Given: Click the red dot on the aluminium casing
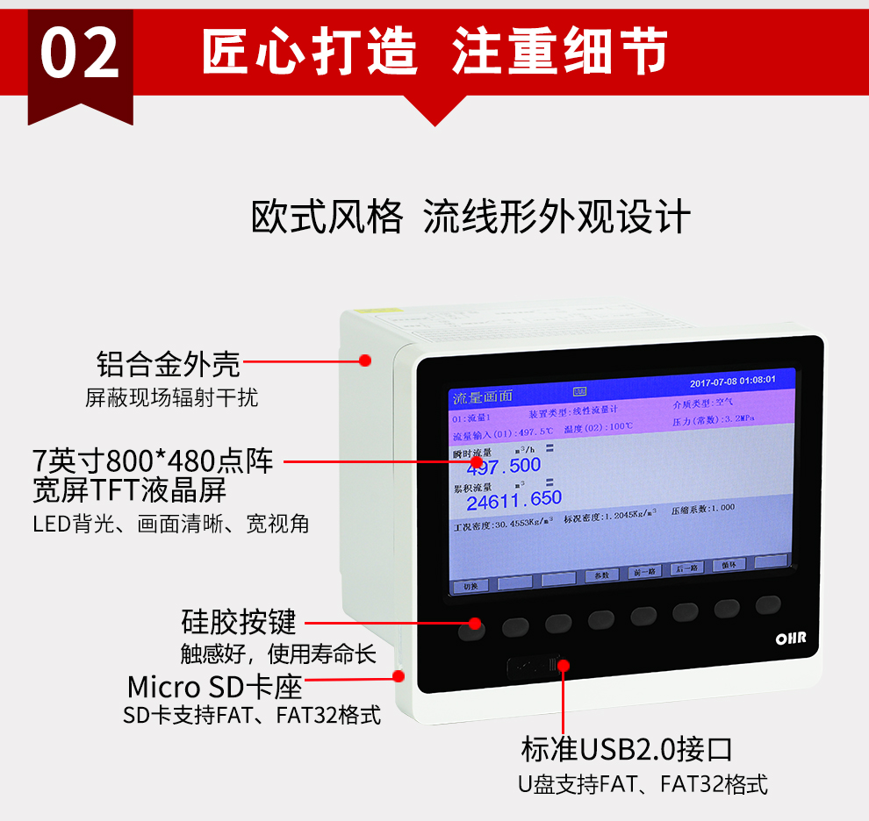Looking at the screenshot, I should pyautogui.click(x=365, y=360).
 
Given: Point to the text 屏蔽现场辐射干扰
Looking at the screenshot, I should pyautogui.click(x=172, y=397).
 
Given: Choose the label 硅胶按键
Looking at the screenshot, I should pyautogui.click(x=239, y=622).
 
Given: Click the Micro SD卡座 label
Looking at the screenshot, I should pyautogui.click(x=214, y=685).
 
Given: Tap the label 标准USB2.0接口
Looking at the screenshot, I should pyautogui.click(x=627, y=749).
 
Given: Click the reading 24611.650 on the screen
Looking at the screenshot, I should pyautogui.click(x=513, y=500).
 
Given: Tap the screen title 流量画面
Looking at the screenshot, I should pyautogui.click(x=482, y=398).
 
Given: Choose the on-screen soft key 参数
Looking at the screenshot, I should pyautogui.click(x=601, y=575).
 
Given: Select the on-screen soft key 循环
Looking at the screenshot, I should pyautogui.click(x=729, y=566).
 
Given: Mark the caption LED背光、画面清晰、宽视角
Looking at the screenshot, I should pyautogui.click(x=171, y=525).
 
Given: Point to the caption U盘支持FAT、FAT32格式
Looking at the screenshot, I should pyautogui.click(x=643, y=784).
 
